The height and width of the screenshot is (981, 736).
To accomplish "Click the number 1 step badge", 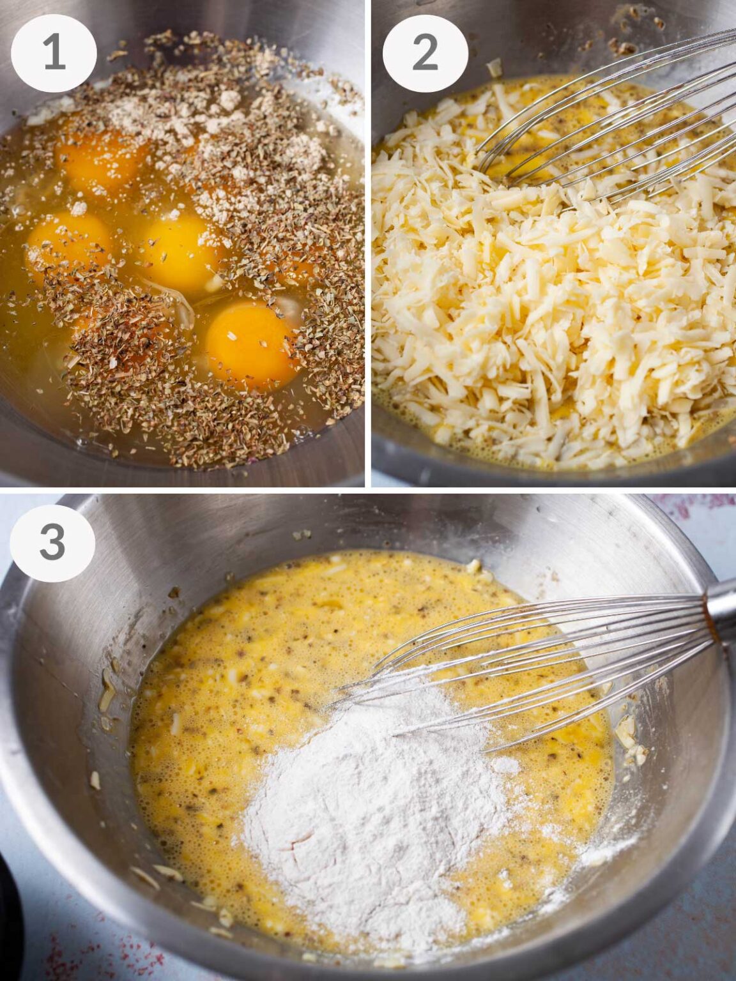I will tap(54, 52).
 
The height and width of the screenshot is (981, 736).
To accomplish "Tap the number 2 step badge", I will tap(425, 52).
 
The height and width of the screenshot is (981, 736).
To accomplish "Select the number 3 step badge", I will tap(52, 543).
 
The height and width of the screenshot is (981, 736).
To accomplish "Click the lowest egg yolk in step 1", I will tap(251, 344).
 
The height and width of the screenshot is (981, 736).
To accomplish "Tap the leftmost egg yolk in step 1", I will tap(68, 243).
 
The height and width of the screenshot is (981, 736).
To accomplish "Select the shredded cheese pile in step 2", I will tap(549, 307).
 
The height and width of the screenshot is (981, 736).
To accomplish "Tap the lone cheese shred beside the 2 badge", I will tap(494, 68).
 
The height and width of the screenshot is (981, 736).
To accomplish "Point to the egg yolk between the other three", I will tap(179, 252).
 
